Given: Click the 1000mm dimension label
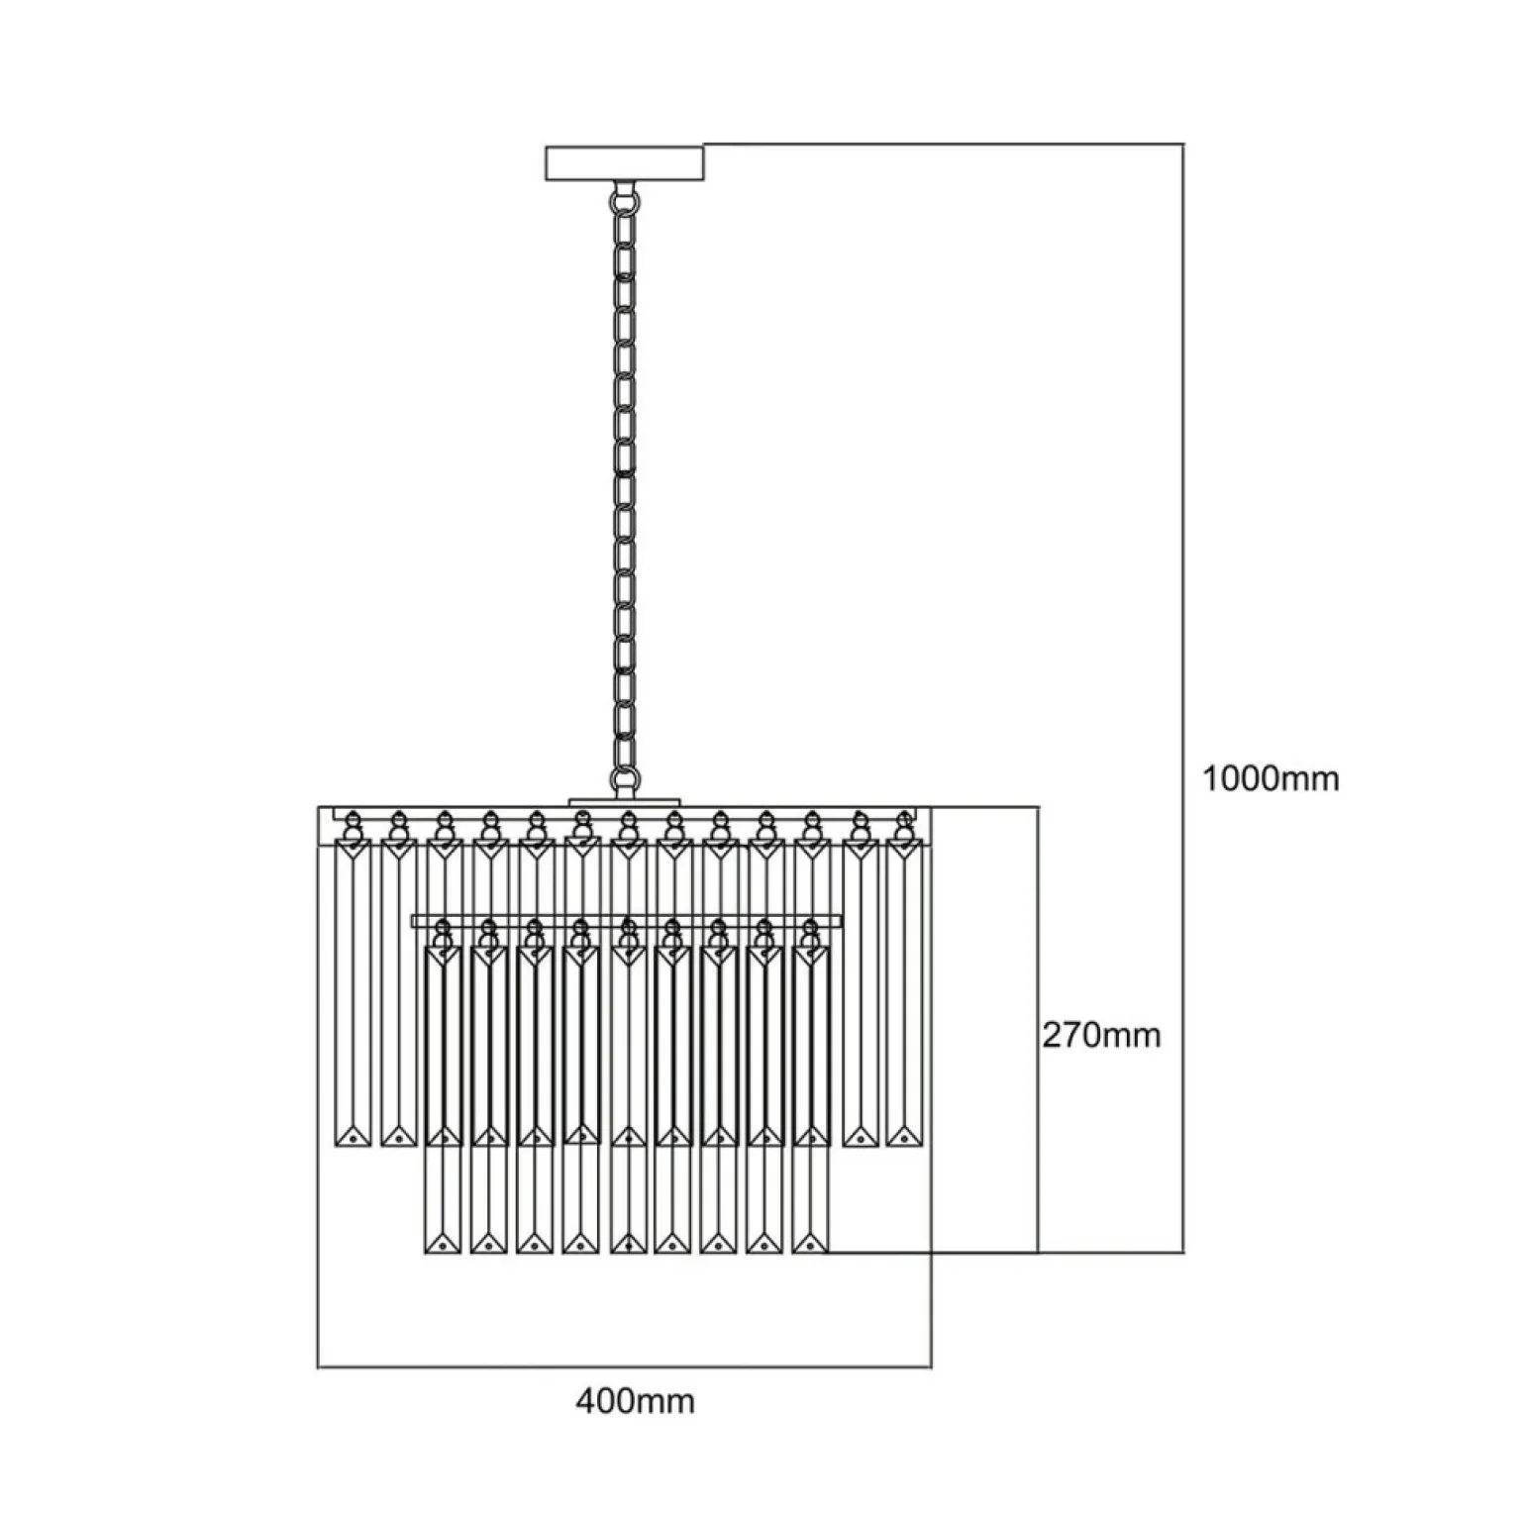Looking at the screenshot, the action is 1271,778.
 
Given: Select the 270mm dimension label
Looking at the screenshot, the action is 1101,1035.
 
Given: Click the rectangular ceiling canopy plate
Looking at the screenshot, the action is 626,163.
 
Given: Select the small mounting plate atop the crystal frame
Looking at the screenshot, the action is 625,801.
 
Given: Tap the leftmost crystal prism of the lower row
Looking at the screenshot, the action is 443,1099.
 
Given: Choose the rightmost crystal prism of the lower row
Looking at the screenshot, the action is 810,1099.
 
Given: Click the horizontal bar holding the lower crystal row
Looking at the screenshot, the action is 626,922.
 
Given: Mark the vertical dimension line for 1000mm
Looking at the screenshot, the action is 1183,698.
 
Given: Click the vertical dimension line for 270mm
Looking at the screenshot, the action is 1037,1029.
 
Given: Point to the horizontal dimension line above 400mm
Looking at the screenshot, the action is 624,1368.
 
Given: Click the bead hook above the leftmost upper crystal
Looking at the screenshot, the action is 352,825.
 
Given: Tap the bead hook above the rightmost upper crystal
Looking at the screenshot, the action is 902,825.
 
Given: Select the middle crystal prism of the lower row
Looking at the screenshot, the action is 626,1099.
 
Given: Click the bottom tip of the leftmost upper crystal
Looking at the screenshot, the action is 353,1148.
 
